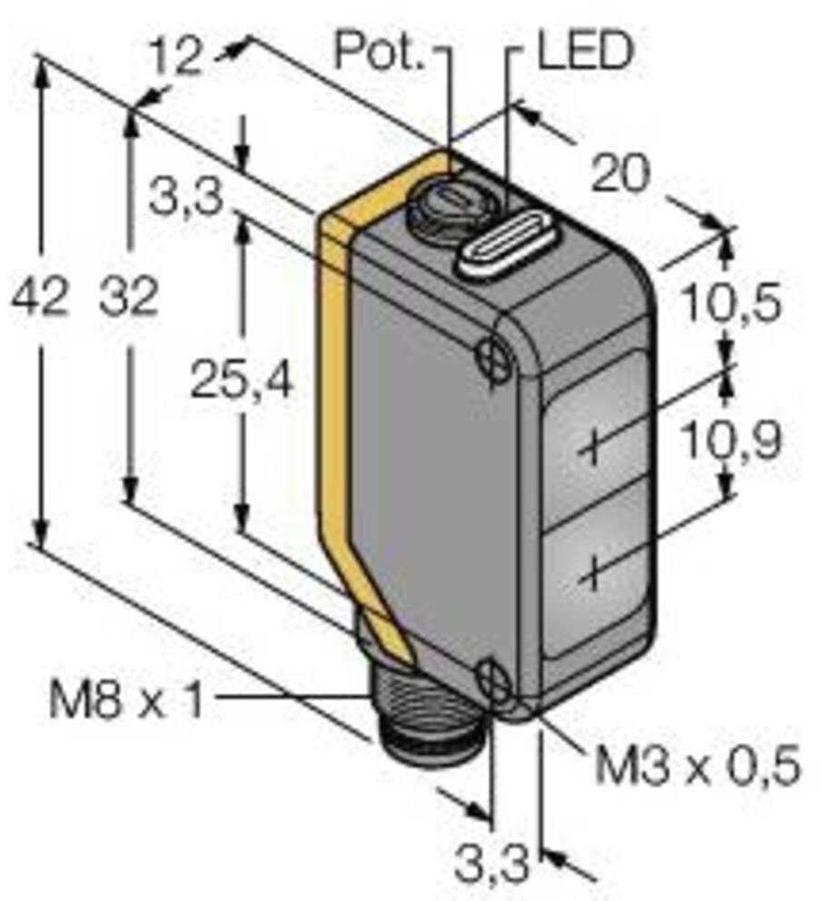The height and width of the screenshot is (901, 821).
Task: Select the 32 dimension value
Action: point(128,299)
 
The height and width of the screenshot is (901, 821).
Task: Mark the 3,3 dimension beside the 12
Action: point(185,198)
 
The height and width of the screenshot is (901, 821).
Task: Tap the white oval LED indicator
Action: point(500,244)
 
